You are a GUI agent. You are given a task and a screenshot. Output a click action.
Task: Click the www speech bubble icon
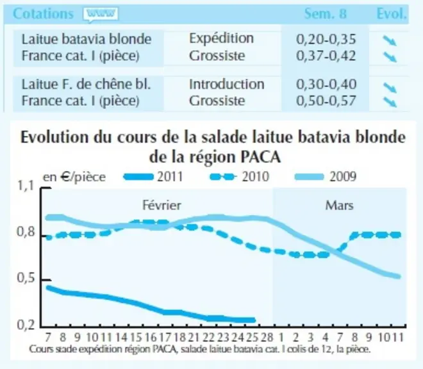pos(101,14)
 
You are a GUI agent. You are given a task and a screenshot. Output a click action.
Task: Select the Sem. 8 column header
pos(326,13)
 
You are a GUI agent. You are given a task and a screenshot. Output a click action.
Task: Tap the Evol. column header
pos(391,13)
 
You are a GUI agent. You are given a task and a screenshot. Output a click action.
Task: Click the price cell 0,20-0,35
pos(326,39)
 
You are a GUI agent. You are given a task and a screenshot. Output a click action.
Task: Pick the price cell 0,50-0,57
pos(326,101)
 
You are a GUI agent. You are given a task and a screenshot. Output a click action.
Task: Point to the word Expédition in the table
pos(221,38)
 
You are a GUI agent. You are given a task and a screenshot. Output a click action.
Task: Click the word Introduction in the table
pos(227,84)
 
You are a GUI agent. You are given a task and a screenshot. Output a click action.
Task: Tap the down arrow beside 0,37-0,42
pos(390,57)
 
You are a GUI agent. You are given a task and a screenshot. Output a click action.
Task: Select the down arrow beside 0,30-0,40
pos(390,88)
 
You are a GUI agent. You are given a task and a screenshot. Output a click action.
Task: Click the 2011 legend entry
pos(153,177)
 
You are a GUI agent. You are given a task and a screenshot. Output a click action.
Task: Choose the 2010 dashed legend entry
pos(240,177)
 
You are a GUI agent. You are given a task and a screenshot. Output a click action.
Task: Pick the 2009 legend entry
pos(326,177)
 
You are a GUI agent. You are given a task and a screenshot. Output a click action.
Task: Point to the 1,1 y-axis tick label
pos(26,186)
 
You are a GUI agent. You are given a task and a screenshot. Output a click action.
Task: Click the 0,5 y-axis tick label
pos(26,279)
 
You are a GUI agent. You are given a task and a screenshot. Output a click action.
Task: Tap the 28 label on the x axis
pos(267,337)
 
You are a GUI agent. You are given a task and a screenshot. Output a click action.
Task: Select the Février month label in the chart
pos(162,206)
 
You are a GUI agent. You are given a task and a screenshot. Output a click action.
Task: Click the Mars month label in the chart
pos(339,206)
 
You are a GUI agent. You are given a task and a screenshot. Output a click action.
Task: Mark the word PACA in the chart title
pos(260,157)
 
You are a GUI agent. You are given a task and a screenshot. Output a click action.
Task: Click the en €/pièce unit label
pos(74,177)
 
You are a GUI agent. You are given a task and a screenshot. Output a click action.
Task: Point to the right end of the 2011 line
pos(254,320)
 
